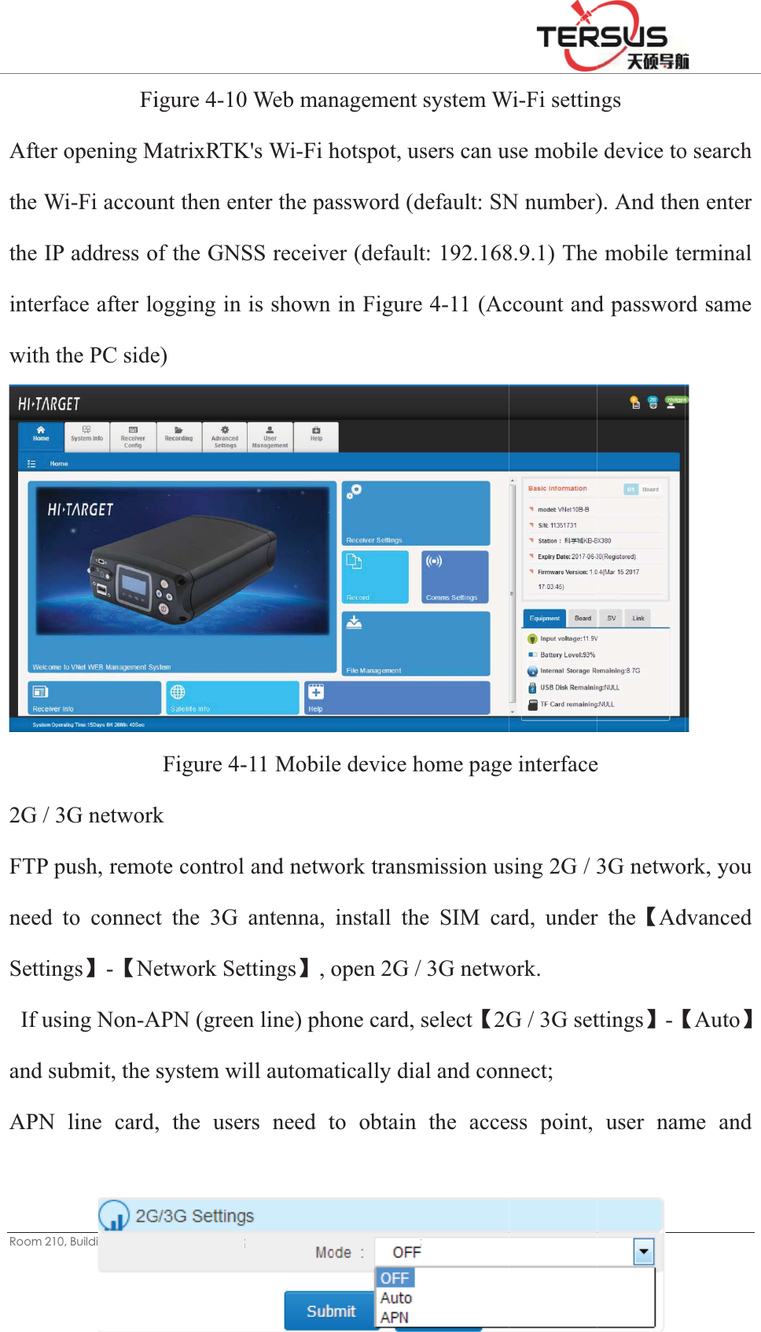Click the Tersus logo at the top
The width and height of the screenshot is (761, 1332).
(611, 37)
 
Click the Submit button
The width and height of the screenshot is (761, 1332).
(330, 1311)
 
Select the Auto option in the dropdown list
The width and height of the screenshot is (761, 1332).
(396, 1298)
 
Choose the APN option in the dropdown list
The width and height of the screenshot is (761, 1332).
(395, 1318)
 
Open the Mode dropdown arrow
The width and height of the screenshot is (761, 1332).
(644, 1251)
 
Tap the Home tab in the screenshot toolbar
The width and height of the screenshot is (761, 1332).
(41, 436)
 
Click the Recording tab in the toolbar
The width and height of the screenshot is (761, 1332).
(178, 436)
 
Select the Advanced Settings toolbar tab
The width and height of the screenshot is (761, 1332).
(225, 437)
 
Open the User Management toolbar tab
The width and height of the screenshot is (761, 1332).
(270, 437)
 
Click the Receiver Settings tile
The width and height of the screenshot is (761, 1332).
(416, 513)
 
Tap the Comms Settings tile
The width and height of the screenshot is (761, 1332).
(454, 576)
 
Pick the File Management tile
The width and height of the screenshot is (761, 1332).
(416, 643)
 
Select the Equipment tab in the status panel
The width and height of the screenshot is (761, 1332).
(544, 618)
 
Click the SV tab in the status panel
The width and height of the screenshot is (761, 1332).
(611, 618)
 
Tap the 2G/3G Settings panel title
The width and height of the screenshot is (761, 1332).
(194, 1216)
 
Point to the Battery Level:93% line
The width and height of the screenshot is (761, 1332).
(567, 654)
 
